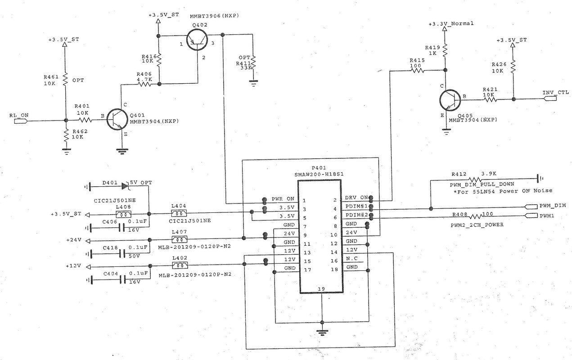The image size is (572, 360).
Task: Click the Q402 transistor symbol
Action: coord(197,39)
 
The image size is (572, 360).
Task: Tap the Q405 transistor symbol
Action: coord(450,100)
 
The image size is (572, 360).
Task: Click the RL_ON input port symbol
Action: coord(21,121)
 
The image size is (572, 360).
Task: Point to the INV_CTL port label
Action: coord(555,92)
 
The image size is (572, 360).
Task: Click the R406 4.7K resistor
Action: coord(144,84)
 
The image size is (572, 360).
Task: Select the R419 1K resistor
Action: coord(445,50)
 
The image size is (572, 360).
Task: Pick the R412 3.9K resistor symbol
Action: coord(475,179)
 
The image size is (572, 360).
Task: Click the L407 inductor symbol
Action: coord(179,239)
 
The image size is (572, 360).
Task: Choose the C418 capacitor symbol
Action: coord(122,253)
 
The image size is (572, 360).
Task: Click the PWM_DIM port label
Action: coord(553,206)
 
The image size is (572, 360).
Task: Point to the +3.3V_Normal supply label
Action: coord(451,24)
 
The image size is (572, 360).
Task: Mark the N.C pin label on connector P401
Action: coord(351,259)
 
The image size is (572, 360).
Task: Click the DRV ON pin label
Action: coord(356,198)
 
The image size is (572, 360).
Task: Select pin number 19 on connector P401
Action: coord(321,289)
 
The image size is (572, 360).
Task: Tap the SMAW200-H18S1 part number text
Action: coord(319,175)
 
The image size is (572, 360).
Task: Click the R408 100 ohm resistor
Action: coord(475,216)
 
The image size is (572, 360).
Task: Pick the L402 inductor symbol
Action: coord(180,265)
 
